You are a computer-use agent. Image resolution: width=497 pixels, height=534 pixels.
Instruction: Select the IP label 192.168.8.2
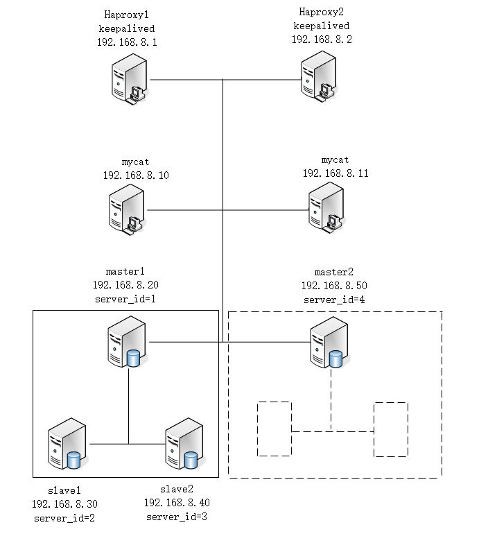tap(322, 40)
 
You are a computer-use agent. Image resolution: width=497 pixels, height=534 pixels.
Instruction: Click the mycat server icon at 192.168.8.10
tap(128, 210)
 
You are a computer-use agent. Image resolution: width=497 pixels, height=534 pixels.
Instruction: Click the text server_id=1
tap(126, 299)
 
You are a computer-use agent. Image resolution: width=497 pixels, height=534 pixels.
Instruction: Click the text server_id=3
tap(176, 517)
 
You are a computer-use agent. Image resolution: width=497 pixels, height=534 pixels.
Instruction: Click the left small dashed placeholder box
tap(274, 429)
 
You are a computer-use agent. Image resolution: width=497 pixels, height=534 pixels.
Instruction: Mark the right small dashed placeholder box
tap(391, 429)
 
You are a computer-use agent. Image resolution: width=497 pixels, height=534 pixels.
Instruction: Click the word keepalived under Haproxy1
tap(126, 28)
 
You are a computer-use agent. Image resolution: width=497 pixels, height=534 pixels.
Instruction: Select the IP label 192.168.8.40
tap(176, 502)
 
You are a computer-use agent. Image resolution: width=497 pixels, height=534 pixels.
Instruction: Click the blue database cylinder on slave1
tap(74, 460)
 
